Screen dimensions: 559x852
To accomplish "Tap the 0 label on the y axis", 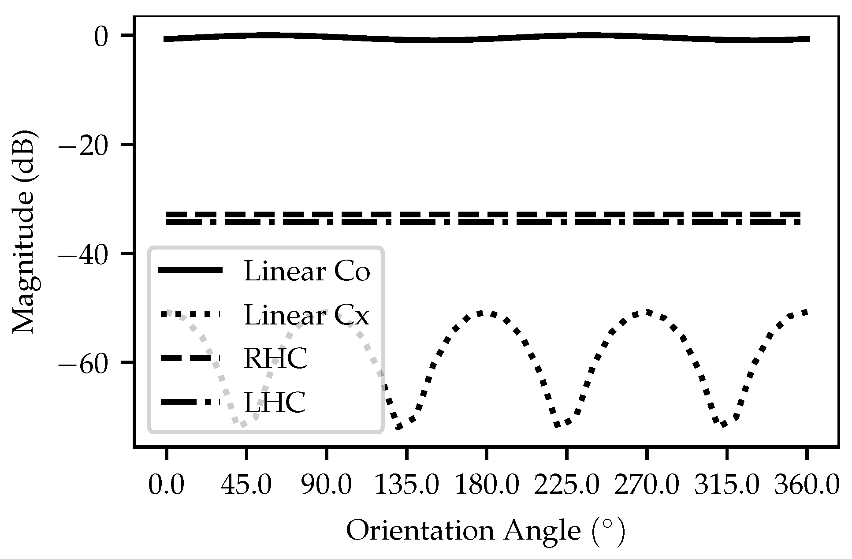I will (x=100, y=37).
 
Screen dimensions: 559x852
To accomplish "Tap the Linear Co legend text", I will (x=307, y=272).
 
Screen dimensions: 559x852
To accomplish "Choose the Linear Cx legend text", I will (x=307, y=316).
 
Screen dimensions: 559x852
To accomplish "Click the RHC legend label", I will (x=275, y=359).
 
